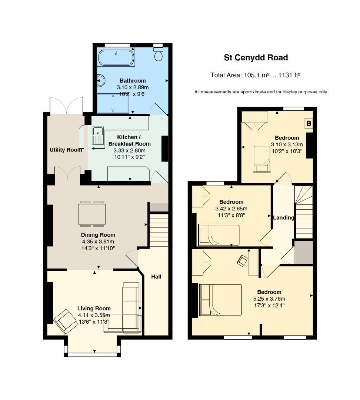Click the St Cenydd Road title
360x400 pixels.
(x=256, y=57)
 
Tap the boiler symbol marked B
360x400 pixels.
(x=308, y=123)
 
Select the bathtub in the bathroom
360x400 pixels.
(x=116, y=57)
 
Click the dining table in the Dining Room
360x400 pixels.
(x=92, y=214)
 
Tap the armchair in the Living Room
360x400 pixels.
(x=66, y=320)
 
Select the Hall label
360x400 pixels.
(x=156, y=276)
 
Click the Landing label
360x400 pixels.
(x=283, y=217)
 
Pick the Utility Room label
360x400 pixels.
(x=66, y=150)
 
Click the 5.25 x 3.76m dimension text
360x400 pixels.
(x=269, y=299)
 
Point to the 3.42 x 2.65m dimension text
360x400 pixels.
(x=231, y=209)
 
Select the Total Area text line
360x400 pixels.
(x=255, y=75)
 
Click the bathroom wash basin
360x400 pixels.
(x=100, y=80)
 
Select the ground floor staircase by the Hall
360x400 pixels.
(x=159, y=230)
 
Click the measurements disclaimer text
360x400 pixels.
(x=260, y=92)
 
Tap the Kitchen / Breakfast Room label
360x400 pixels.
(x=129, y=140)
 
